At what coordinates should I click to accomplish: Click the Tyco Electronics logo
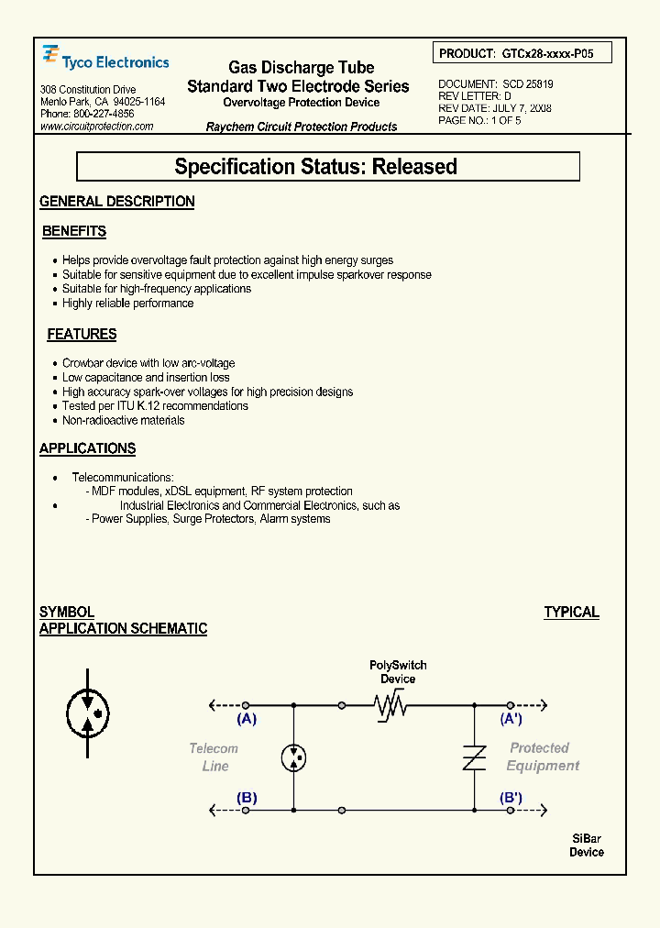[x=105, y=61]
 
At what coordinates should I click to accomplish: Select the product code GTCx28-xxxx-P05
[x=547, y=54]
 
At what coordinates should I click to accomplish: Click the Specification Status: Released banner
[x=327, y=167]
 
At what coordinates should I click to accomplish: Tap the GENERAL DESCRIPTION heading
[x=117, y=202]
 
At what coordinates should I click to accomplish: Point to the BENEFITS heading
[x=74, y=232]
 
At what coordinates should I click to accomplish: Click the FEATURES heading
[x=82, y=335]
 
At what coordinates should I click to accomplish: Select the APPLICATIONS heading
[x=87, y=448]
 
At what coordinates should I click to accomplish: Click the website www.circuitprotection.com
[x=97, y=127]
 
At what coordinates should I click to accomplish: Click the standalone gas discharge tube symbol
[x=89, y=712]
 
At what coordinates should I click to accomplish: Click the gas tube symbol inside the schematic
[x=293, y=757]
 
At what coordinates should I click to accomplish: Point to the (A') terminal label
[x=511, y=719]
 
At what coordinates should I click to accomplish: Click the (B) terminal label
[x=247, y=798]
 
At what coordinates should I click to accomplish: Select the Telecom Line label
[x=214, y=757]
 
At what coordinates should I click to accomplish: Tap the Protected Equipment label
[x=542, y=757]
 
